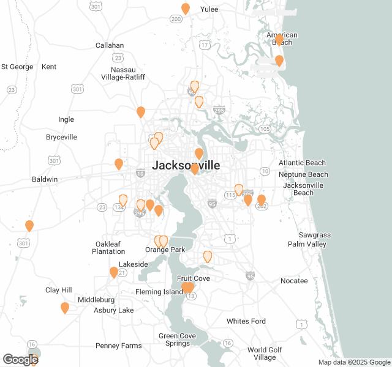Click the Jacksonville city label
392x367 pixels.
186,165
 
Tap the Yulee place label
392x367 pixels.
209,9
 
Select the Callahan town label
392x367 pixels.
110,45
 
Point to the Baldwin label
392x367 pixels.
45,179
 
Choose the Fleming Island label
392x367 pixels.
159,292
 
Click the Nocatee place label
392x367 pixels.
294,281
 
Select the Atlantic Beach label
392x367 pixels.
302,163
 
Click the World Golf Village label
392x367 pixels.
265,354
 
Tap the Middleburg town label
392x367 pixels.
96,300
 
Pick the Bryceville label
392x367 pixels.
61,137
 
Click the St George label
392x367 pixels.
17,67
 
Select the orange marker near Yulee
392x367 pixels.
186,9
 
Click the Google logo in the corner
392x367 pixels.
20,360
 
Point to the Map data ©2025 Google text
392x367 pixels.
353,362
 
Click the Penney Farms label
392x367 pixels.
119,346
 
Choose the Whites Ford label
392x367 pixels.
246,321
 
